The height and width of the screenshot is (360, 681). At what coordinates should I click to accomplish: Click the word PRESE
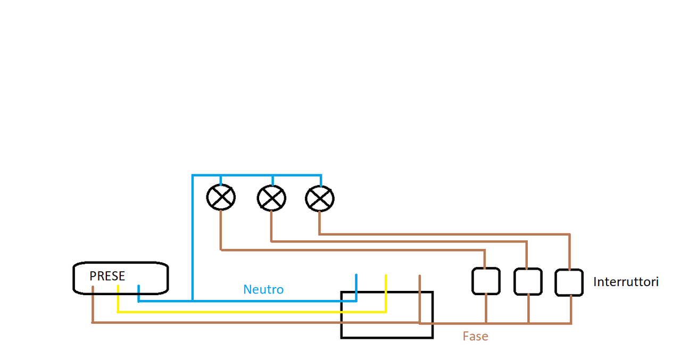pos(107,277)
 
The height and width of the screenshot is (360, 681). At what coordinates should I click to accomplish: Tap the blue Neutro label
pos(263,290)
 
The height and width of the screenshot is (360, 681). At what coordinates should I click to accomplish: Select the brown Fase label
pos(475,336)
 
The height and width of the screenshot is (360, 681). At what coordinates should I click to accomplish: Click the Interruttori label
pos(626,282)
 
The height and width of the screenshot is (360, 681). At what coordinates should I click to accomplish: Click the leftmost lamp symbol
pos(221,198)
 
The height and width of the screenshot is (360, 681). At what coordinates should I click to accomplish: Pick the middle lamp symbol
pos(271,198)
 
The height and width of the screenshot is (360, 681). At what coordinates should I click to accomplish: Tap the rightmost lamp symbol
pos(320,198)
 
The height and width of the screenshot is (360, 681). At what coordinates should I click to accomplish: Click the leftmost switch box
pos(486,281)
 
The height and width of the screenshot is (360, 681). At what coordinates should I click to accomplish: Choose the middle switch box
pos(528,282)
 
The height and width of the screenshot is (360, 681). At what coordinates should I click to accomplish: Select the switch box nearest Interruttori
pos(569,282)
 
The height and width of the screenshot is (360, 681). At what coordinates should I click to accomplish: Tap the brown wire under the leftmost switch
pos(486,308)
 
